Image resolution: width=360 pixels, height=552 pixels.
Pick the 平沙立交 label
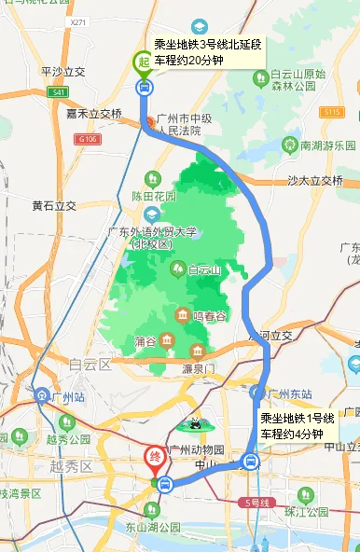click(x=62, y=71)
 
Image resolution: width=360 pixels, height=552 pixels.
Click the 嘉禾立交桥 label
click(x=94, y=114)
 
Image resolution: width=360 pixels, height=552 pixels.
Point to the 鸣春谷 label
click(x=210, y=316)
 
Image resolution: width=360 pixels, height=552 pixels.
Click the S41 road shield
click(x=59, y=92)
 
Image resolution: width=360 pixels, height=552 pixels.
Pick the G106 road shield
click(x=89, y=139)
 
